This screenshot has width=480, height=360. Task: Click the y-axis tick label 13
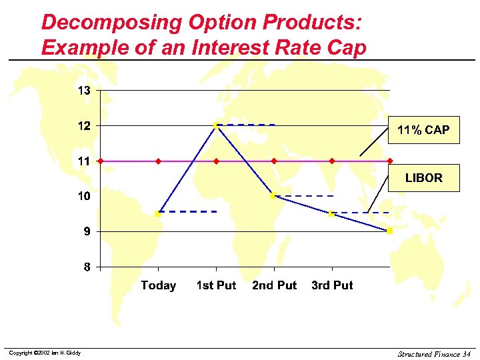(x=84, y=90)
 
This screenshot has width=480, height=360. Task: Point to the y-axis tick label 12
(x=84, y=125)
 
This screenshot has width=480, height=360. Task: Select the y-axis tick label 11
(x=84, y=161)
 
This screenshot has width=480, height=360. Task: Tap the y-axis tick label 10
(x=84, y=196)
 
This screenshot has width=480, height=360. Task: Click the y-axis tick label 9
(x=87, y=231)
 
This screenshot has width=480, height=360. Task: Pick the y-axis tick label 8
(x=87, y=267)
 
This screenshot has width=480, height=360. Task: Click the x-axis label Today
(x=158, y=285)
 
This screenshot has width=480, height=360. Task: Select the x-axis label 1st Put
(x=216, y=285)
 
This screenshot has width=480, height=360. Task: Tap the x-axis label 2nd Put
(x=274, y=285)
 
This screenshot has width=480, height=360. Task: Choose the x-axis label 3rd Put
(x=332, y=285)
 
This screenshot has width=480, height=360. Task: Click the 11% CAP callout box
(x=423, y=130)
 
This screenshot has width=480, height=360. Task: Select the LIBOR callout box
(x=423, y=178)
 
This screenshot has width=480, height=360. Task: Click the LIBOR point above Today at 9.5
(x=158, y=213)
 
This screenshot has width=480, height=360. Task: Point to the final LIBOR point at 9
(x=390, y=231)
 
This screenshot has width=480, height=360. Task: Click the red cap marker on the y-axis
(x=100, y=161)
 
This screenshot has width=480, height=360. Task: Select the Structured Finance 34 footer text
(x=434, y=353)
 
